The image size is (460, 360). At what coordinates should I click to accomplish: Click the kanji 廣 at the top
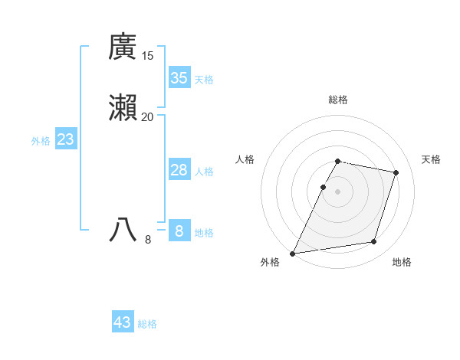(x=123, y=47)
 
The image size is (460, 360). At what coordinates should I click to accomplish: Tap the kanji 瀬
(x=123, y=109)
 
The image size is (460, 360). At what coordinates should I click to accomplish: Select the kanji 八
(x=123, y=229)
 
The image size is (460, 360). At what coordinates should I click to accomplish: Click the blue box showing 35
(x=179, y=77)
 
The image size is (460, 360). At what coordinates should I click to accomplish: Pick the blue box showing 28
(x=179, y=170)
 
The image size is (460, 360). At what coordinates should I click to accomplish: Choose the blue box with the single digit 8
(x=179, y=231)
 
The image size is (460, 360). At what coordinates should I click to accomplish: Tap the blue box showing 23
(x=65, y=139)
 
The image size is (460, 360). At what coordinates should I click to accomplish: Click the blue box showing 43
(x=123, y=322)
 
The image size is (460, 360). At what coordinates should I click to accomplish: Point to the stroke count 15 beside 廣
(x=147, y=55)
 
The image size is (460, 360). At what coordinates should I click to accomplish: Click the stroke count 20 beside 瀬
(x=147, y=116)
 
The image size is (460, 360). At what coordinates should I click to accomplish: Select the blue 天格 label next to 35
(x=204, y=79)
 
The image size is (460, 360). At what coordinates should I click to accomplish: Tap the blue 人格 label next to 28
(x=204, y=172)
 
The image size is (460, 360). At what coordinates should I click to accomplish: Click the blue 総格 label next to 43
(x=147, y=324)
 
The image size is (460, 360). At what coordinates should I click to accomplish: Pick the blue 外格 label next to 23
(x=41, y=141)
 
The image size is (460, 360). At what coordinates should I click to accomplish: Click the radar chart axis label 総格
(x=338, y=100)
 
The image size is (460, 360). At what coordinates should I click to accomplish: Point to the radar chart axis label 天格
(x=431, y=159)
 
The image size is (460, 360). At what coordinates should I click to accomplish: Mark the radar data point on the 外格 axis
(x=293, y=253)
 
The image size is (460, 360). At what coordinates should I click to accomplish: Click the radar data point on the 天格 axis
(x=396, y=172)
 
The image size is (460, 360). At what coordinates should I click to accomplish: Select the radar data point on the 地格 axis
(x=374, y=242)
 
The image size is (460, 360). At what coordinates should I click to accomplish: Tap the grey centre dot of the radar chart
(x=338, y=191)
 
